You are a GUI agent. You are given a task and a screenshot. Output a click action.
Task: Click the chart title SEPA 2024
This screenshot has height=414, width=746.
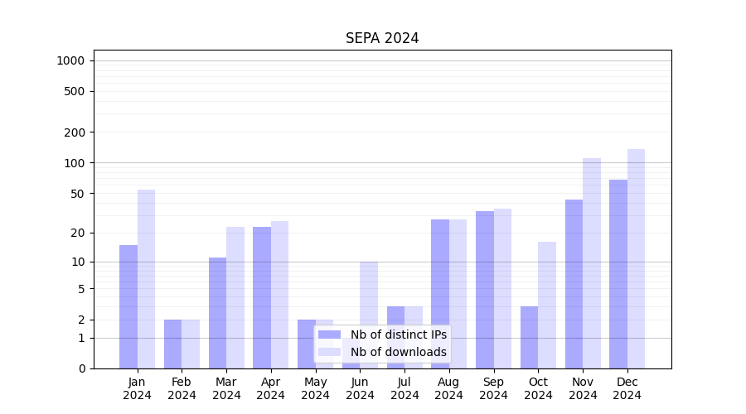(382, 39)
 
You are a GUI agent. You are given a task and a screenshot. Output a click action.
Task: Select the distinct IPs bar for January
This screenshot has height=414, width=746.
(128, 306)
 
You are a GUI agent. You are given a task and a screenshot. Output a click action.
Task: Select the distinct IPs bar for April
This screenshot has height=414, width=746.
(262, 297)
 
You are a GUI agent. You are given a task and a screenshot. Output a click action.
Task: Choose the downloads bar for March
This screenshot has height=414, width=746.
(235, 297)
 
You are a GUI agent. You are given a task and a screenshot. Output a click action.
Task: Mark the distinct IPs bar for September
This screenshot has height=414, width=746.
(485, 290)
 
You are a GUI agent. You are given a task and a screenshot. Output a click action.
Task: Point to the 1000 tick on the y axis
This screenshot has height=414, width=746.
(70, 60)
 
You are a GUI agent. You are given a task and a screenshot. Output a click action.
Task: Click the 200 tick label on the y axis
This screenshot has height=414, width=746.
(75, 132)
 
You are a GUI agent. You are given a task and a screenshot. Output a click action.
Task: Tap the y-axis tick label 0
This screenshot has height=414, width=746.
(81, 368)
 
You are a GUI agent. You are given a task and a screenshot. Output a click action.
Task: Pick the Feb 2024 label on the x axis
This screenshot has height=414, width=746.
(182, 388)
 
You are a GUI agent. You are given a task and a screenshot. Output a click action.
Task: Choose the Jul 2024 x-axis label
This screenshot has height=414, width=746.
(404, 388)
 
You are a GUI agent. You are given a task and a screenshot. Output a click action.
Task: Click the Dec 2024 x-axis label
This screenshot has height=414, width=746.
(627, 388)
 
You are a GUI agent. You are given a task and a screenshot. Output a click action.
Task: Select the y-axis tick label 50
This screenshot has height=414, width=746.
(78, 194)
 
